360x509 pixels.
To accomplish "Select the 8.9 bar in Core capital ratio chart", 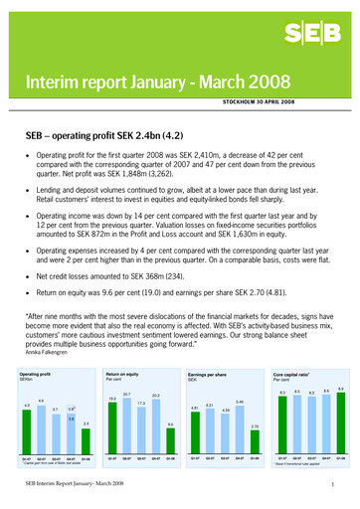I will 341,409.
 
